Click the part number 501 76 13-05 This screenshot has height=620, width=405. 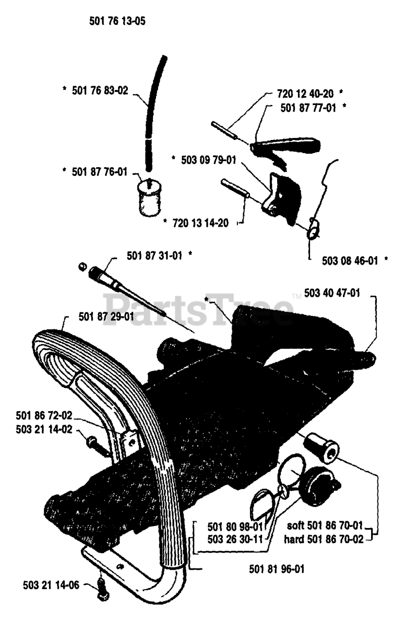pos(117,21)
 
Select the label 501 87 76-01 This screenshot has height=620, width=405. pos(99,171)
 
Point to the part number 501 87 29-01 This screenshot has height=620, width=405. pos(106,317)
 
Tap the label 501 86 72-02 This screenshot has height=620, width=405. pos(44,416)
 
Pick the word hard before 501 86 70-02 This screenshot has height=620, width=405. pos(295,539)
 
